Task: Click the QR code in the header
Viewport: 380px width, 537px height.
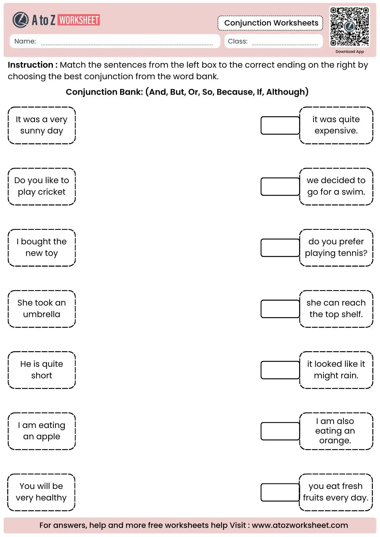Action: click(349, 26)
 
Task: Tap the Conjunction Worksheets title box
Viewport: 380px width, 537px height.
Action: click(271, 23)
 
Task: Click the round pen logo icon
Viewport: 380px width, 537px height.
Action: click(20, 20)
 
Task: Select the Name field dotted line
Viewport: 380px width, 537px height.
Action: click(126, 44)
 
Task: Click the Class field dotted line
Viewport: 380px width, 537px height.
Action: click(285, 44)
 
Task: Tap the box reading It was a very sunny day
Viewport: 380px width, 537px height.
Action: click(42, 125)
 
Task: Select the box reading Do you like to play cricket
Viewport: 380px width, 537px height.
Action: click(42, 186)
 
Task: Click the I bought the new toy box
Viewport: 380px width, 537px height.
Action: click(42, 247)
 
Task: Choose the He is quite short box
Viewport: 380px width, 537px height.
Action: click(42, 370)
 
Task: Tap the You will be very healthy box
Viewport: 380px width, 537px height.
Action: click(41, 492)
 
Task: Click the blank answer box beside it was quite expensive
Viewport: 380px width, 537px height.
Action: click(280, 125)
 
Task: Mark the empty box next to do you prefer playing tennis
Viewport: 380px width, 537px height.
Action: click(280, 248)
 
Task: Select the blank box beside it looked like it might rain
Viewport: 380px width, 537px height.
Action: click(280, 370)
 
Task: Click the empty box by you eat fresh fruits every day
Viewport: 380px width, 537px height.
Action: click(280, 492)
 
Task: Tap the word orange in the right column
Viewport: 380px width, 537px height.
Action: click(335, 441)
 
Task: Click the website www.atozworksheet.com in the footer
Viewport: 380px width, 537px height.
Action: click(300, 525)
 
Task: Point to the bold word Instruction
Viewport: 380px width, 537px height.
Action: click(30, 65)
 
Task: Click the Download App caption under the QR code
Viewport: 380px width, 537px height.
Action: click(349, 52)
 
